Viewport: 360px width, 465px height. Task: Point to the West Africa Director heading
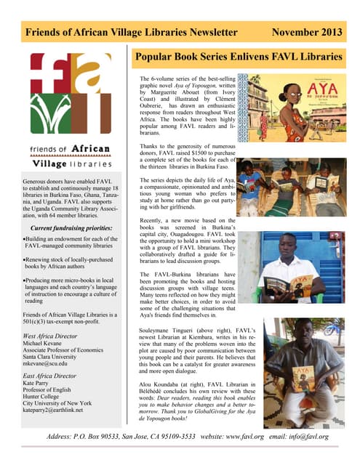coord(55,336)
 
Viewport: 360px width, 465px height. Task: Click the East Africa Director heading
coord(55,376)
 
